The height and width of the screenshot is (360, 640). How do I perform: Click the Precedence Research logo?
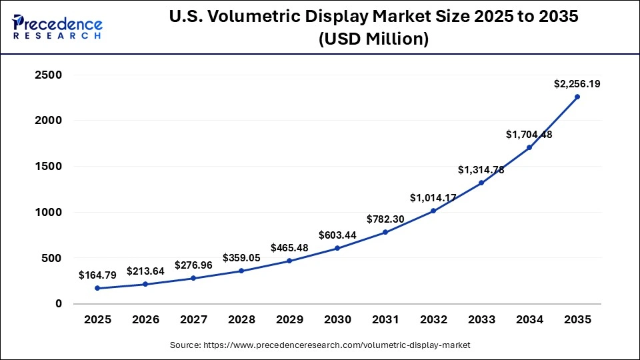click(x=57, y=27)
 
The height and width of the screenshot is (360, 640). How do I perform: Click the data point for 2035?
click(x=577, y=97)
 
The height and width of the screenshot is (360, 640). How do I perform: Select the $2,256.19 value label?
click(x=577, y=84)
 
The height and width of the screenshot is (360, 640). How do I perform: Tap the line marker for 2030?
click(x=337, y=248)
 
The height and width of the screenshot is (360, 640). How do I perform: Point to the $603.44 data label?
click(x=337, y=235)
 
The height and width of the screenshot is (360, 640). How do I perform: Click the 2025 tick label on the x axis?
click(x=97, y=320)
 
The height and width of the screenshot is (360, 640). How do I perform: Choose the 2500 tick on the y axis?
click(x=48, y=75)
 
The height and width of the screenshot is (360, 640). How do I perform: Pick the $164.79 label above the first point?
click(x=97, y=275)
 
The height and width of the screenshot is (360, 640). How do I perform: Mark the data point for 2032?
click(x=433, y=211)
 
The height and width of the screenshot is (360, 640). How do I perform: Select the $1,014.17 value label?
click(x=433, y=197)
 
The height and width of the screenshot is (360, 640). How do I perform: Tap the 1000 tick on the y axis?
click(x=48, y=212)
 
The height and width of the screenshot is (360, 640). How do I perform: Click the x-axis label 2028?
click(x=241, y=320)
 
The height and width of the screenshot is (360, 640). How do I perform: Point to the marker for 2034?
click(x=529, y=147)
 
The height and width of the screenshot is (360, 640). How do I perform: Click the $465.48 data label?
click(x=289, y=247)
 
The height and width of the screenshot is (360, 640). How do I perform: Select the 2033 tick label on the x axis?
click(x=481, y=320)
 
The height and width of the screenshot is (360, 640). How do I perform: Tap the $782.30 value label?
click(x=385, y=219)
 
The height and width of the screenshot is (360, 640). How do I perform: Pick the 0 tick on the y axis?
click(x=59, y=303)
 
